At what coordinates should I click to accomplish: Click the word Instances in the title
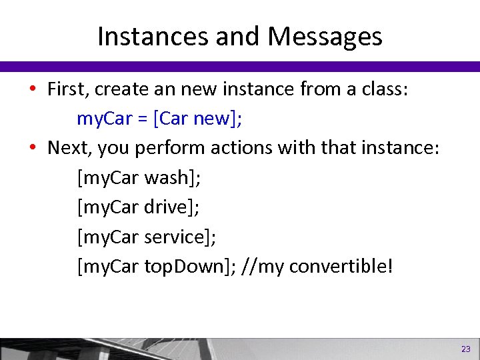coord(153,36)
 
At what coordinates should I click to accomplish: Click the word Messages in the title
coord(325,36)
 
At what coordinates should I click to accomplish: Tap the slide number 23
coord(465,349)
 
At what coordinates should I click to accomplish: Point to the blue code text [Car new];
coord(197,119)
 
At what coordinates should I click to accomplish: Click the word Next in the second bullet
coord(67,148)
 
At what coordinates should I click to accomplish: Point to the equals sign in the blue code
coord(142,120)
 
